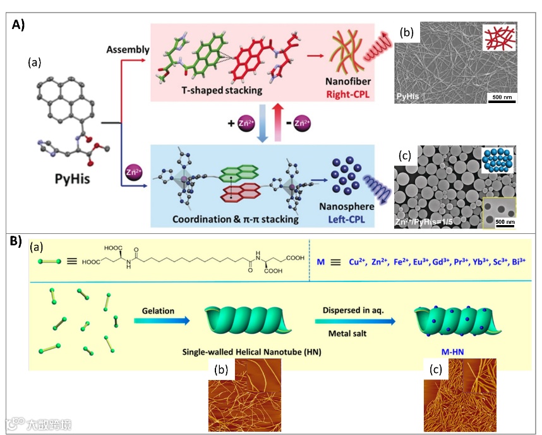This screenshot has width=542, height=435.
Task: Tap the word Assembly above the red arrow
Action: (x=128, y=49)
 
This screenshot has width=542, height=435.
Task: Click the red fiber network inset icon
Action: (x=496, y=39)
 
